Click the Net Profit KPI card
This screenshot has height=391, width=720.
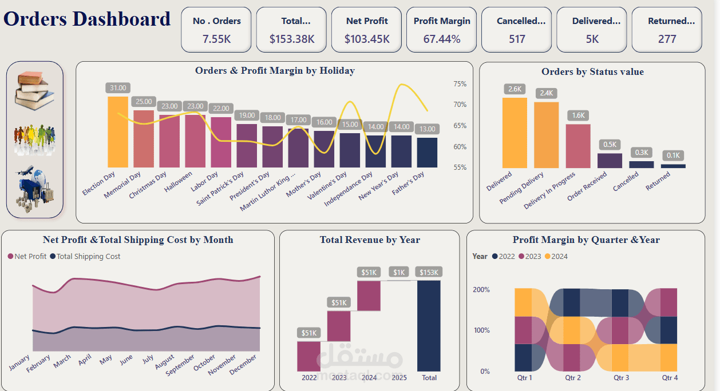(367, 30)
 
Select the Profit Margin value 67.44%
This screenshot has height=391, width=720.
(442, 39)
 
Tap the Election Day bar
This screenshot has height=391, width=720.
(118, 132)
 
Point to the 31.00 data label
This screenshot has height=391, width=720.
(118, 88)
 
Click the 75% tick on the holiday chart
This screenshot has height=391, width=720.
(460, 84)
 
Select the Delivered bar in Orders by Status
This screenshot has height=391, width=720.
(515, 133)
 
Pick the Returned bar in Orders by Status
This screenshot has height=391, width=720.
(673, 166)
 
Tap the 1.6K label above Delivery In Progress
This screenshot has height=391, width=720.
(578, 115)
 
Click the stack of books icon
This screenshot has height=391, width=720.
(35, 90)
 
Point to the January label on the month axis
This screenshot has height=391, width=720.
(20, 362)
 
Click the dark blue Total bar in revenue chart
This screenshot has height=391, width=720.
(429, 326)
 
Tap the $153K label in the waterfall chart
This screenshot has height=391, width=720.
(429, 272)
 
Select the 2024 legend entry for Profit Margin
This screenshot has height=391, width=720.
(555, 257)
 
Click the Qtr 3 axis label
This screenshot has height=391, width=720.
(621, 378)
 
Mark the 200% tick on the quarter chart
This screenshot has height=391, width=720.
(481, 290)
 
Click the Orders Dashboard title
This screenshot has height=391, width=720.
(87, 19)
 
